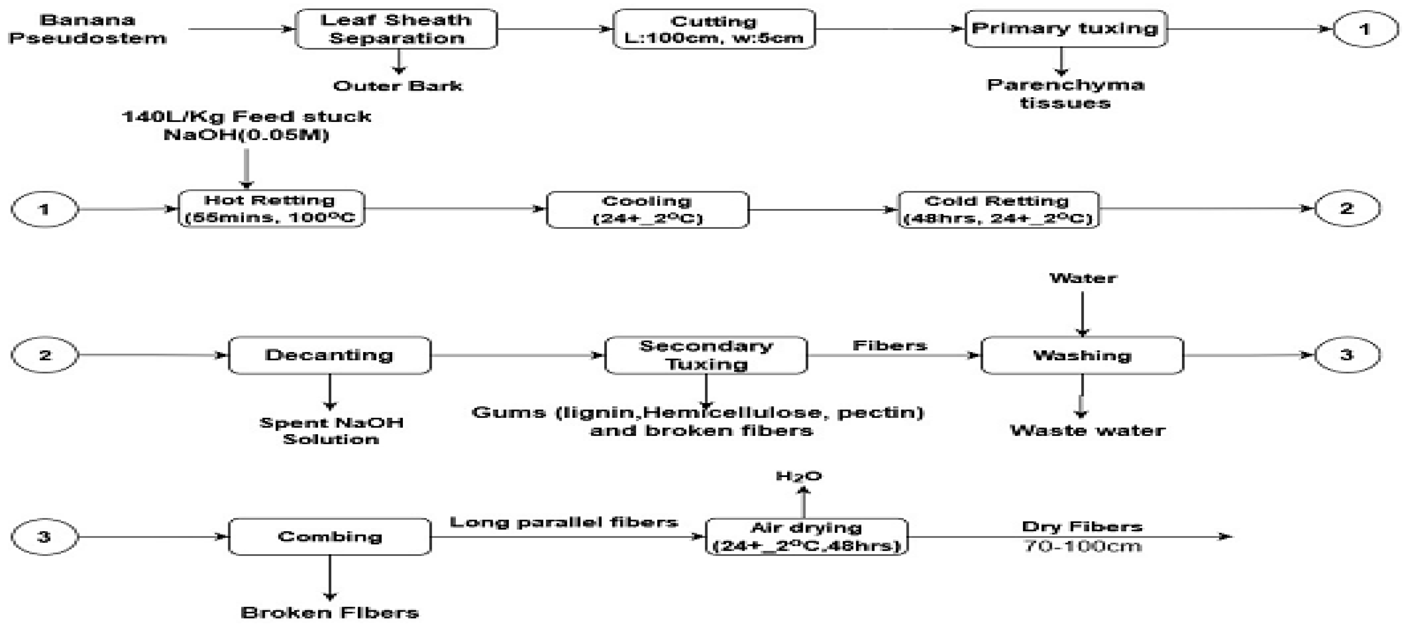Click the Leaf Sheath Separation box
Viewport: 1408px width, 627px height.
click(x=396, y=29)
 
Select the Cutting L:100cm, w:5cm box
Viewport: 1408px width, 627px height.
click(x=714, y=29)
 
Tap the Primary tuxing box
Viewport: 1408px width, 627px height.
click(x=1065, y=28)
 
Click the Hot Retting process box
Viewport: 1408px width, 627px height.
click(x=271, y=208)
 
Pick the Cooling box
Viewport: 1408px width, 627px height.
click(x=647, y=210)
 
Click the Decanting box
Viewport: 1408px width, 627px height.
click(x=330, y=355)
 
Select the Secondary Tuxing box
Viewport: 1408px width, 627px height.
click(x=706, y=355)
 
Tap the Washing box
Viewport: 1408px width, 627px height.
click(x=1082, y=355)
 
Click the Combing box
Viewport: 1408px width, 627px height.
click(x=330, y=536)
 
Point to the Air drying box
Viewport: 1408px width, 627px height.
click(x=806, y=536)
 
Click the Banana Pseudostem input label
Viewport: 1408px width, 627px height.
click(x=87, y=29)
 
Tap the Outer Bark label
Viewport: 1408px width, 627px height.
click(x=398, y=86)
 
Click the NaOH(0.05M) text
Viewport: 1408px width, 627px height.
click(x=246, y=134)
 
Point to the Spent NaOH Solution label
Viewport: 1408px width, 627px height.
click(x=331, y=430)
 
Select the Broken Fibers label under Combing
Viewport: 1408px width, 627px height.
click(x=330, y=613)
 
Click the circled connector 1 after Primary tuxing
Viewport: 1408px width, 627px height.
click(x=1365, y=29)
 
